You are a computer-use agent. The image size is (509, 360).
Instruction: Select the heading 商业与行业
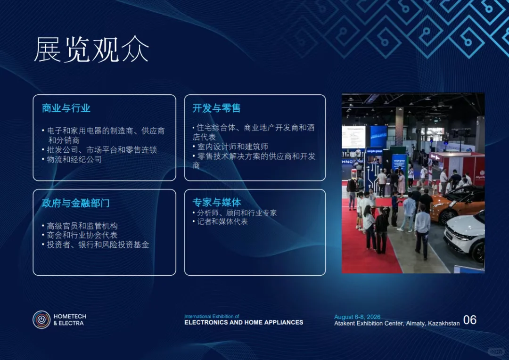66,108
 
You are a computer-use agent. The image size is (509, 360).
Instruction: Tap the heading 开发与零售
216,108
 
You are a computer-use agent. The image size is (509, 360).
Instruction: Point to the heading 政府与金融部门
76,204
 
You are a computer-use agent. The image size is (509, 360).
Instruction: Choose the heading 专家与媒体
216,203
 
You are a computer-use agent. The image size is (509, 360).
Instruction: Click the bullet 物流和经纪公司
74,159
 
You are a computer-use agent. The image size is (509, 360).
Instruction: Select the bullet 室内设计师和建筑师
232,147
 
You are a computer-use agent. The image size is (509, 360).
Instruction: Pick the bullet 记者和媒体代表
222,221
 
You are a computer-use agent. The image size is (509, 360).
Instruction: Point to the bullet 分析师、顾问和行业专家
237,213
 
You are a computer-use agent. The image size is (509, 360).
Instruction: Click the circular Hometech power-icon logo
41,319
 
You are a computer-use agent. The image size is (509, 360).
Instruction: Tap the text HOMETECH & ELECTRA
69,320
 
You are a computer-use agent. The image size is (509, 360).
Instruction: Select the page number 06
470,320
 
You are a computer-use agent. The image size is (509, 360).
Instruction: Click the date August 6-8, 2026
357,317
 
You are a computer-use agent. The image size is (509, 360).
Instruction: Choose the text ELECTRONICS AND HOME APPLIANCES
244,323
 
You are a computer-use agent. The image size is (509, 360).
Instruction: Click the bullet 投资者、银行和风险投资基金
98,245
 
